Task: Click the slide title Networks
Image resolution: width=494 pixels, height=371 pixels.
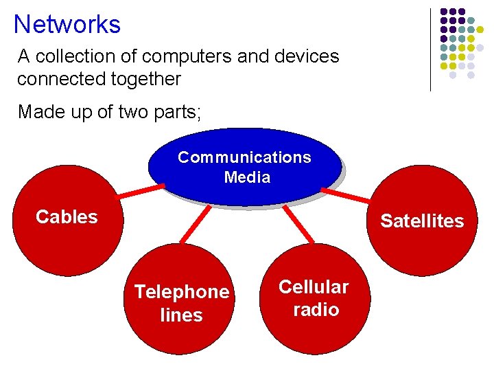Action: (67, 25)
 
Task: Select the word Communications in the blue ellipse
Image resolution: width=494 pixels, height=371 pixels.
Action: (244, 157)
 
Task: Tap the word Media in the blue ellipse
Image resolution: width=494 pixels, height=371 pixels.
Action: (247, 177)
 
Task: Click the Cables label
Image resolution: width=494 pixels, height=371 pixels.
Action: (67, 217)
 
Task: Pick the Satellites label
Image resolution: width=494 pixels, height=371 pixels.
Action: (422, 221)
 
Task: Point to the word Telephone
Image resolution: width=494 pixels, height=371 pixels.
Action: (182, 292)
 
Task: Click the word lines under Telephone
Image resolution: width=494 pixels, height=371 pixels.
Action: (181, 315)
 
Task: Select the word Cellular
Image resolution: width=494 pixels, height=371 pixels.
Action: (314, 286)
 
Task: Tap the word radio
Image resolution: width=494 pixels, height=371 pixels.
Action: (316, 310)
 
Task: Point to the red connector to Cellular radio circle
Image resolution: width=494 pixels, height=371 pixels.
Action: (298, 225)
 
